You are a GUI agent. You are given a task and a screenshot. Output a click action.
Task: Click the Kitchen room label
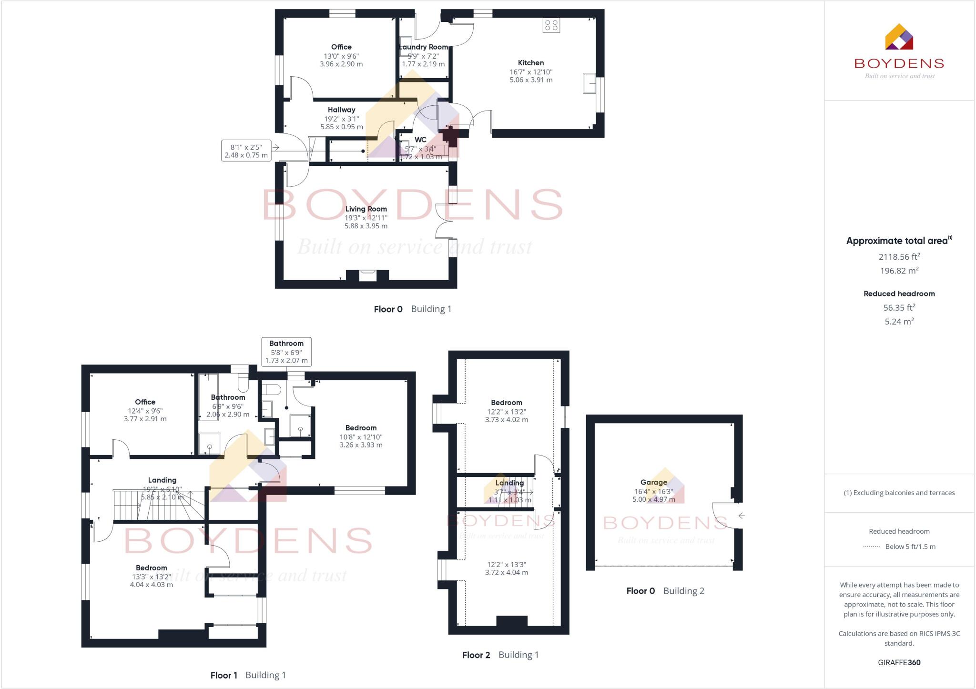point(530,63)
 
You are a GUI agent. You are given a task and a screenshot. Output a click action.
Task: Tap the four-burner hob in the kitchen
point(551,25)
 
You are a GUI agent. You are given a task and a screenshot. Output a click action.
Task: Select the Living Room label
point(366,209)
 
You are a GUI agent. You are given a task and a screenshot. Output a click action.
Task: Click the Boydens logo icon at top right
point(899,37)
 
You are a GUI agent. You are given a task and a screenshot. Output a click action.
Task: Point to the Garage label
point(653,482)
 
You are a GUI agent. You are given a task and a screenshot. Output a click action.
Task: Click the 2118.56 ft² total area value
point(899,257)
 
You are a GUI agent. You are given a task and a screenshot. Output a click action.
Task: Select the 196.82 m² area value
point(899,271)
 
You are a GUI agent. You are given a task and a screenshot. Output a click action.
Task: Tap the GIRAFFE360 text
point(899,662)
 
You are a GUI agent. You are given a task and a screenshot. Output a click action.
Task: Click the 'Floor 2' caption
point(476,655)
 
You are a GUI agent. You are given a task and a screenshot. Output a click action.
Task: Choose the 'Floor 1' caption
point(224,675)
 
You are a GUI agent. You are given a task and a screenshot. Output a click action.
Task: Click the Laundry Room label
point(423,47)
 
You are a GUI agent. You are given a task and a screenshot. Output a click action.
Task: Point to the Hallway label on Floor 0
point(341,110)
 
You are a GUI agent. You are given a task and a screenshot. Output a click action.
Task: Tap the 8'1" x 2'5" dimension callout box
point(246,151)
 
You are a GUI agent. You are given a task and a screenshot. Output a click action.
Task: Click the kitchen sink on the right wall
point(589,84)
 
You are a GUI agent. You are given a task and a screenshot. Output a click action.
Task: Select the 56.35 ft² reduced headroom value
point(899,308)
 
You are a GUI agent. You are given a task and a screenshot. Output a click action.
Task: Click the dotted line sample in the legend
point(871,547)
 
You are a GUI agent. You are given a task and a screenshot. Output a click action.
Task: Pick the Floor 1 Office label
point(145,402)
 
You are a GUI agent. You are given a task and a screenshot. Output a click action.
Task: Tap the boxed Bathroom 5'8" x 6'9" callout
point(286,352)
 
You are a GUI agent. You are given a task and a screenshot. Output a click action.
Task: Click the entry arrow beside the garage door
point(741,516)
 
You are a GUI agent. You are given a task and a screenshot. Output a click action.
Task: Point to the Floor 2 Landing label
point(509,483)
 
